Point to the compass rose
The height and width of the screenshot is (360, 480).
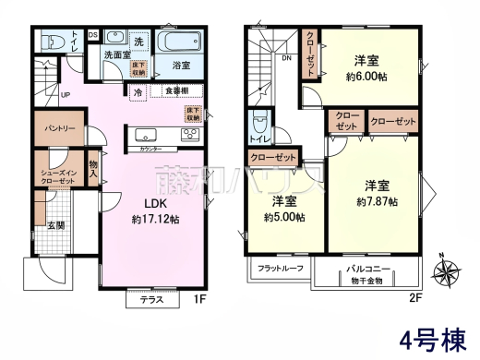pos(450,272)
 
